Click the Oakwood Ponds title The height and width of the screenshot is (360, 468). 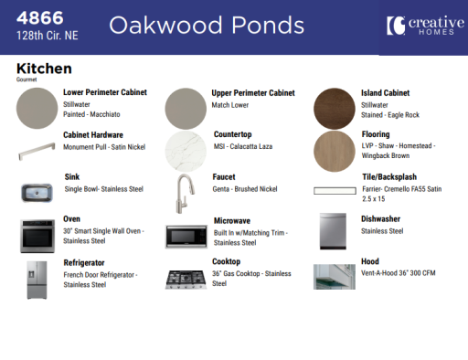206,26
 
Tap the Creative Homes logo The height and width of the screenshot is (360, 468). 423,26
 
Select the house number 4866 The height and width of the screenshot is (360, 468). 42,16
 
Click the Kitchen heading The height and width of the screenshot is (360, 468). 44,69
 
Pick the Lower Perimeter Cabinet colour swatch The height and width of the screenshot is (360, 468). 37,108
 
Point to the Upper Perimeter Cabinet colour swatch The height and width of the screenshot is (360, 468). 185,108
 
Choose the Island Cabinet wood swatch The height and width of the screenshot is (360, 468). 334,108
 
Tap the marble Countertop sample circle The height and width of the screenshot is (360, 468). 185,150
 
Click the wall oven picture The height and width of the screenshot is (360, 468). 37,235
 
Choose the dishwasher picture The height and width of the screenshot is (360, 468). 333,232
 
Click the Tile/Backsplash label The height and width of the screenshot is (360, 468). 388,177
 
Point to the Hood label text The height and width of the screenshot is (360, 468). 369,261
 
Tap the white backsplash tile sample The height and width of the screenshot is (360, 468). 333,191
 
